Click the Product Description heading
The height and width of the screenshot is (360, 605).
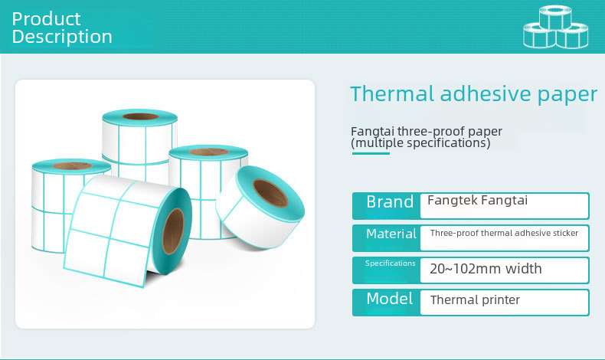pos(62,28)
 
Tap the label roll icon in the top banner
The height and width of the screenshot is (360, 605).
pos(556,27)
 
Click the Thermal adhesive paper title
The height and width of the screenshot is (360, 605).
pos(473,94)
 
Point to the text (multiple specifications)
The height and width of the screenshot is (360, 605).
pos(420,143)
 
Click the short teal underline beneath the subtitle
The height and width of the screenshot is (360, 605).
pos(371,153)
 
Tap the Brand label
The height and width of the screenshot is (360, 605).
pos(390,201)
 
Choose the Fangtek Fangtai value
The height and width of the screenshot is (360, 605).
pos(477,200)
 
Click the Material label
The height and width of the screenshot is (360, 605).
pos(391,234)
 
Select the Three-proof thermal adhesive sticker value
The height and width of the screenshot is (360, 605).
pos(504,233)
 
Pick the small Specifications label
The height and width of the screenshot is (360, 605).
pos(390,263)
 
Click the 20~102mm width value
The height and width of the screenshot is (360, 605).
pos(486,269)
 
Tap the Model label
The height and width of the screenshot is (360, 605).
pos(389,299)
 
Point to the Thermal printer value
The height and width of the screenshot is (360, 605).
pos(475,299)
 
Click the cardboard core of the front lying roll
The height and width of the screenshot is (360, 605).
pos(173,231)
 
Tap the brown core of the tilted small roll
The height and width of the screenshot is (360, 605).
pos(270,193)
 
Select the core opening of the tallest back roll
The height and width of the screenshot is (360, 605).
pos(140,116)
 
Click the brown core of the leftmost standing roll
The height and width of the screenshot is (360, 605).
pos(72,166)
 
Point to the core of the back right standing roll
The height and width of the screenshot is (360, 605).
pos(209,152)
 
